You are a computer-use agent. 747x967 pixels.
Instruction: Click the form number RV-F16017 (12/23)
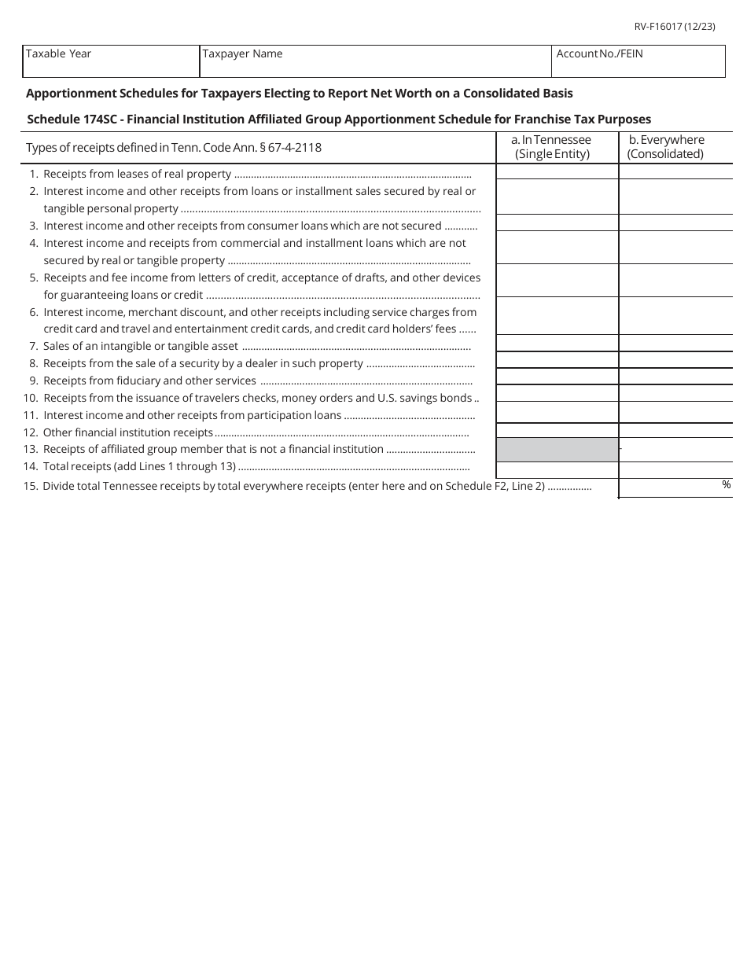point(675,27)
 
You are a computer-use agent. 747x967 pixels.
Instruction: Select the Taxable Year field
point(111,61)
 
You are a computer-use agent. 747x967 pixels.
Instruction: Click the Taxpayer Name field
point(375,61)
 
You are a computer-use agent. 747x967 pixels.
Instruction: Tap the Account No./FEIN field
point(638,61)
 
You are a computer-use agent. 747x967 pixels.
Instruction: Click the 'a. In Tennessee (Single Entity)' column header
point(557,147)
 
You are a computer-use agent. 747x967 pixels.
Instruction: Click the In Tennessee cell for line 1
point(557,172)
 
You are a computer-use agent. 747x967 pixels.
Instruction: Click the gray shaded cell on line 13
point(557,450)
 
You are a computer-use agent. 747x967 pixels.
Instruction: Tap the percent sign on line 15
point(726,485)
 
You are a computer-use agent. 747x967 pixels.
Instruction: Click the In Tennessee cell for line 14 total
point(557,470)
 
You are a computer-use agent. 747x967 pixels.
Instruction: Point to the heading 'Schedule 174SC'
point(73,119)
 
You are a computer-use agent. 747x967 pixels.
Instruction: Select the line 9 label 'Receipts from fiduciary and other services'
point(149,381)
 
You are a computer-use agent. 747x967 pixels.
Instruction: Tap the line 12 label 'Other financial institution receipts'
point(127,432)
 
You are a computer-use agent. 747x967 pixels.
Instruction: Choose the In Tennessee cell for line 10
point(557,393)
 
